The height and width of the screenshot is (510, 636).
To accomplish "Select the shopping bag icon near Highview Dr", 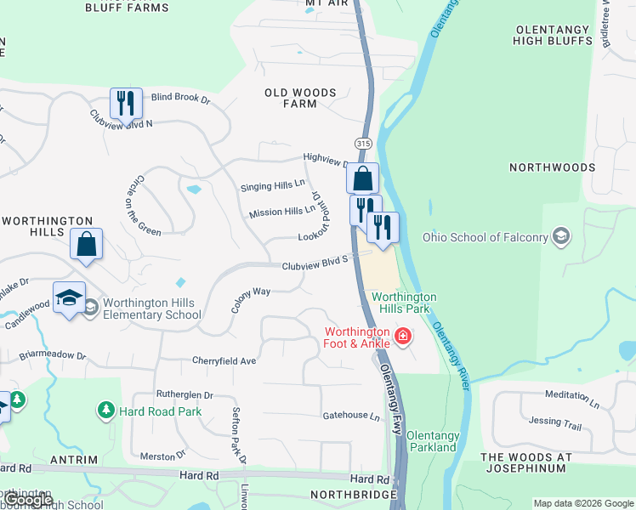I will pyautogui.click(x=362, y=178).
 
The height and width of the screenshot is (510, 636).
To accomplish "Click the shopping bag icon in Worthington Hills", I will pyautogui.click(x=86, y=244).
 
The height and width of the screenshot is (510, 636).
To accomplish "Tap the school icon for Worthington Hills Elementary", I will pyautogui.click(x=69, y=297).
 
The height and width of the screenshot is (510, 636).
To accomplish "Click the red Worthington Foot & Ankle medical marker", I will pyautogui.click(x=403, y=337).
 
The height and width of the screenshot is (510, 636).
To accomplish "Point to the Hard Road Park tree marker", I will pyautogui.click(x=106, y=411).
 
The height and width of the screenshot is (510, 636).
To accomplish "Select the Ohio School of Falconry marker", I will pyautogui.click(x=560, y=235).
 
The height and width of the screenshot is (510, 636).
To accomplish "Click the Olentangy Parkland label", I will pyautogui.click(x=433, y=441).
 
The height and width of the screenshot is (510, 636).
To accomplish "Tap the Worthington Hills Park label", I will pyautogui.click(x=404, y=303).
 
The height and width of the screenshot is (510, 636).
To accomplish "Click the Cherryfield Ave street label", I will pyautogui.click(x=224, y=361).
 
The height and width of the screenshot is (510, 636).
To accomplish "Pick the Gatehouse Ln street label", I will pyautogui.click(x=350, y=416).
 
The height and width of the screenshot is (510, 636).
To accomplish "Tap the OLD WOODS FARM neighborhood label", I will pyautogui.click(x=300, y=98).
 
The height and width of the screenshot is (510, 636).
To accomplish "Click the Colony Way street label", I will pyautogui.click(x=250, y=299).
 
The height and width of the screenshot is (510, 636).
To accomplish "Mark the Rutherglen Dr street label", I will pyautogui.click(x=185, y=395).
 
